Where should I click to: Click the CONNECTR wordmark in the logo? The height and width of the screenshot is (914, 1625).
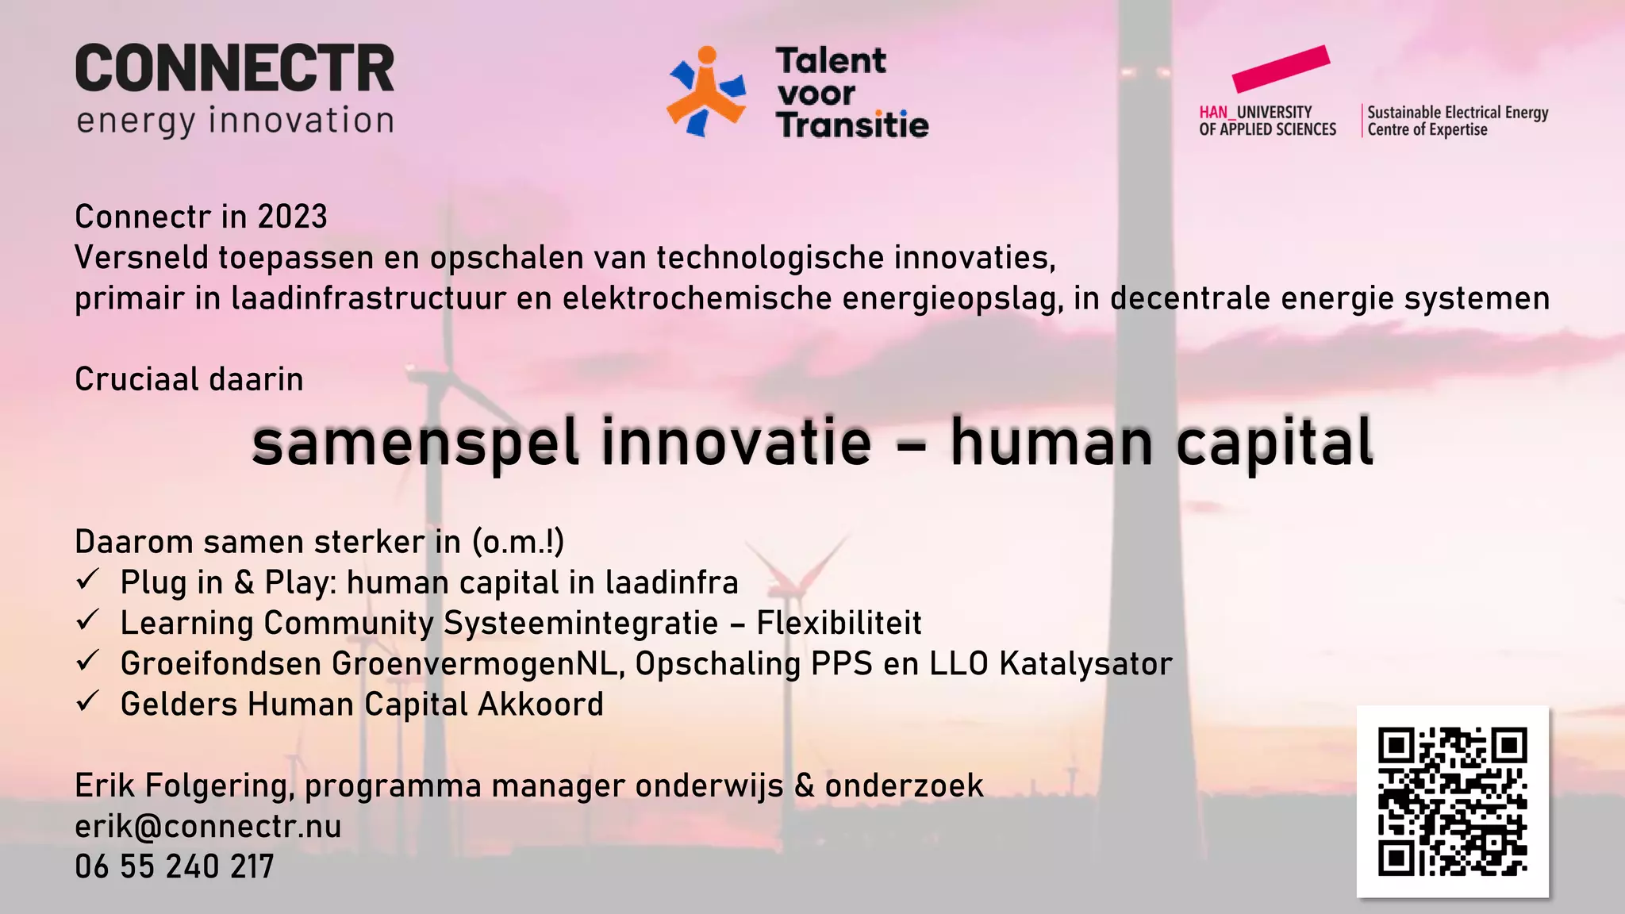(235, 69)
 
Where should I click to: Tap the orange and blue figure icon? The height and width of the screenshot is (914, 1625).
(706, 91)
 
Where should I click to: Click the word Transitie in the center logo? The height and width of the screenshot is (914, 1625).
(852, 125)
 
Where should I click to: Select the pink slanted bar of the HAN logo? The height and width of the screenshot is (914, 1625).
(1280, 68)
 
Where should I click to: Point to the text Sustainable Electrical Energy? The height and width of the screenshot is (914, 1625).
(1458, 113)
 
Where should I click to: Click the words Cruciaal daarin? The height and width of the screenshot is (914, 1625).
(189, 379)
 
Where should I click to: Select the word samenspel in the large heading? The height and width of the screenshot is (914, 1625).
(415, 443)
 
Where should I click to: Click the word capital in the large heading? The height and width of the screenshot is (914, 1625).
(1274, 443)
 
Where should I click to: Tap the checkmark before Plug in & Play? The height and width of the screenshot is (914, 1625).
(87, 579)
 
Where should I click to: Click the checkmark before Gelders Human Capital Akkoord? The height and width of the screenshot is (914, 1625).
(87, 701)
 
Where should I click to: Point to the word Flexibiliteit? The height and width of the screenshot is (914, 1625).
(839, 624)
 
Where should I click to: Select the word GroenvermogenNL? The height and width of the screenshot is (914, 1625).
(478, 664)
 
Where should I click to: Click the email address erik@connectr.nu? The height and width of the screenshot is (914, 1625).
(208, 827)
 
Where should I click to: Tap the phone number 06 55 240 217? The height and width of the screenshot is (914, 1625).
(175, 867)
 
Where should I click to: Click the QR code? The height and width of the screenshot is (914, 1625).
(1452, 801)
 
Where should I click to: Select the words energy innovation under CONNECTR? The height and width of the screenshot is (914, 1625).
(235, 121)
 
